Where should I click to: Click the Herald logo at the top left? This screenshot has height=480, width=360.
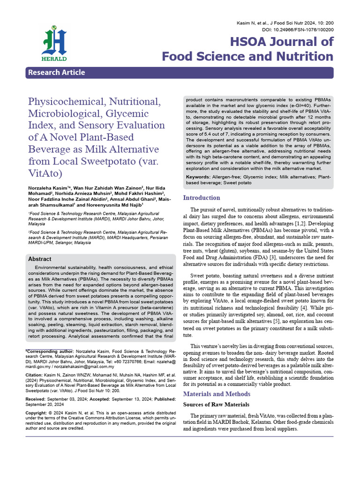coord(54,45)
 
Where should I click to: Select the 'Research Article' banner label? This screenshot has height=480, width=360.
coord(56,73)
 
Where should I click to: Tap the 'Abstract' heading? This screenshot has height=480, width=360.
coord(40,259)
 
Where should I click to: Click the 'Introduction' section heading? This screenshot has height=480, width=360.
coord(201,198)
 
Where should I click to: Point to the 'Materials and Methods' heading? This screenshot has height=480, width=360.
coord(217,394)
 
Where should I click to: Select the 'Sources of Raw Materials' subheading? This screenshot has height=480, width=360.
coord(216,404)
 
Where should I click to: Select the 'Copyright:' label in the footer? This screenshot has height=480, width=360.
coord(38,413)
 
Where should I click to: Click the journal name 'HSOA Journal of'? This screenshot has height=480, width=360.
coord(281,42)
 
